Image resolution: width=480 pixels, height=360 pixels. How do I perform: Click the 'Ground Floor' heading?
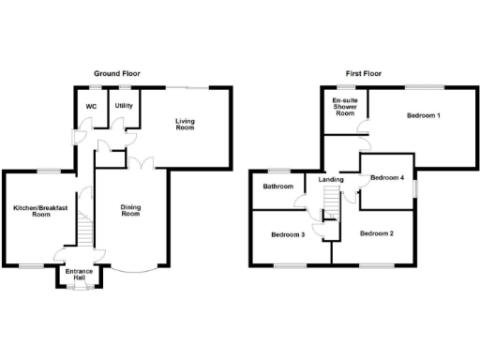117,73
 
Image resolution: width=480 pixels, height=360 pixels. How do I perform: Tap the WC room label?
92,106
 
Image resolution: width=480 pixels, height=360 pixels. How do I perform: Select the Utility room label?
124,106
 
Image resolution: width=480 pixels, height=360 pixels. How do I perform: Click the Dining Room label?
130,210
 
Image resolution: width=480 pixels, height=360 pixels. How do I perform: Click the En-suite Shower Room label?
343,106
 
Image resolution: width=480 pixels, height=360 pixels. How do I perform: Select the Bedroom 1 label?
424,115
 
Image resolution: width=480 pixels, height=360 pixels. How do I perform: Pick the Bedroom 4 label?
387,178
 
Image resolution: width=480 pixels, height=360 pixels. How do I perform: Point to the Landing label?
330,179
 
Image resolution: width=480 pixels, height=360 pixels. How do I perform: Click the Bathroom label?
277,187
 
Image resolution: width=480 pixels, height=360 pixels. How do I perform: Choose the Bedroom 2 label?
378,232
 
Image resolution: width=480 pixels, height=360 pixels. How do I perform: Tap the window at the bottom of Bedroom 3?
287,265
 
